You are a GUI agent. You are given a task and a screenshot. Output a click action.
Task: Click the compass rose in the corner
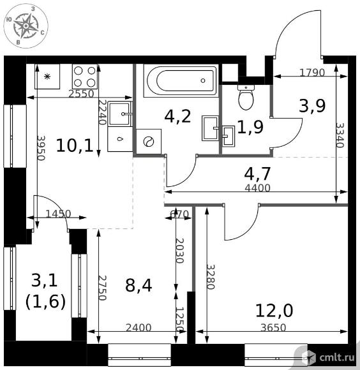26,26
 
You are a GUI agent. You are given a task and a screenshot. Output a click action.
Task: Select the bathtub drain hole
203,80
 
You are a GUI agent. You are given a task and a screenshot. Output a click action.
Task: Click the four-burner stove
85,77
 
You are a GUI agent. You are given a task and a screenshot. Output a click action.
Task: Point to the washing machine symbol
149,142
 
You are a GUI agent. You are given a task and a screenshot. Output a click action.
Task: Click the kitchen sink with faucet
120,114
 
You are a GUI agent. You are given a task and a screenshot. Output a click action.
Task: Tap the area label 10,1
75,145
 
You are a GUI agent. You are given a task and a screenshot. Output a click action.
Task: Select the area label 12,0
274,311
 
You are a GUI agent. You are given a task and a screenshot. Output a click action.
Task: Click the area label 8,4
139,285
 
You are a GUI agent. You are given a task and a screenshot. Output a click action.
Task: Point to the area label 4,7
257,174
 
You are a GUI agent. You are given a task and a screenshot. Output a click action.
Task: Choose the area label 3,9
312,106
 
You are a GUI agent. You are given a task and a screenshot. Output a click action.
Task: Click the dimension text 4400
257,188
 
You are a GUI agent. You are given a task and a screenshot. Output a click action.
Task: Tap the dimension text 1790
312,73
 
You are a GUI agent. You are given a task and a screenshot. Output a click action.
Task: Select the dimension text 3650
273,327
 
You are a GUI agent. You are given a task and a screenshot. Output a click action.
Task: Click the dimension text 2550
81,94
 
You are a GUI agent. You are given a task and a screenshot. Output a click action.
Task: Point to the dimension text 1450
58,214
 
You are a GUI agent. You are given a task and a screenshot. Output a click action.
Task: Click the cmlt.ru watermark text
337,357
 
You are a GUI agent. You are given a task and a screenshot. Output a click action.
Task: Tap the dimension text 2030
179,251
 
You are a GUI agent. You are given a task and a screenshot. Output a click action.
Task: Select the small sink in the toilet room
229,136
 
